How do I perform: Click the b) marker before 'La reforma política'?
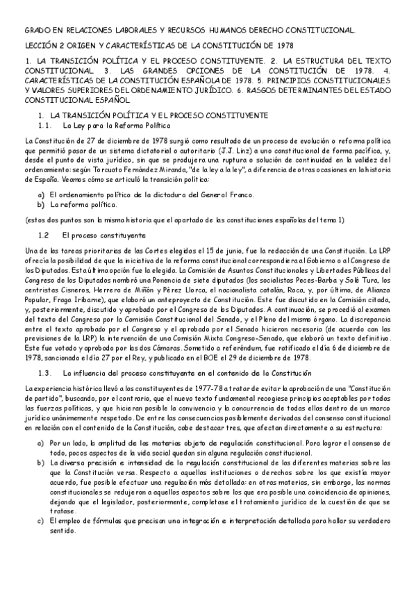pyautogui.click(x=41, y=205)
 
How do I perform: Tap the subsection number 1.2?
pyautogui.click(x=45, y=235)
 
